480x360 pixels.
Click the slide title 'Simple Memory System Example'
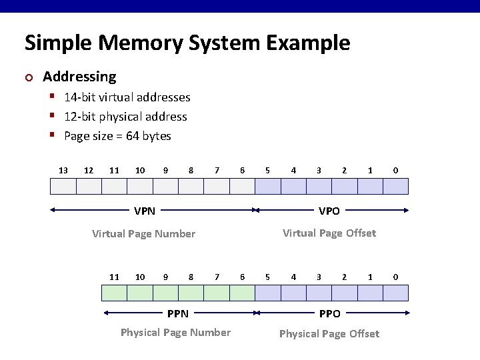[x=187, y=43]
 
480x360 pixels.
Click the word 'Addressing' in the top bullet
[x=79, y=77]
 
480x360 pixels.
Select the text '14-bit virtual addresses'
[x=127, y=97]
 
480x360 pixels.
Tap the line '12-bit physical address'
[x=125, y=117]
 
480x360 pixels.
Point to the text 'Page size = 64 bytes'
[x=117, y=136]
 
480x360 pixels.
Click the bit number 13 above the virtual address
[x=63, y=171]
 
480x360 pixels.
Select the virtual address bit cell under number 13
[x=63, y=186]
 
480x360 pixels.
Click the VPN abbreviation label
[x=145, y=211]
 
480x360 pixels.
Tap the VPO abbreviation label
[x=329, y=211]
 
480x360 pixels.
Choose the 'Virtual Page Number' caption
[x=143, y=233]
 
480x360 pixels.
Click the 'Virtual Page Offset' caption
[x=329, y=233]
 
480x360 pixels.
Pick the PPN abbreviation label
[x=177, y=313]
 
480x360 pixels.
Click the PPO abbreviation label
[x=329, y=313]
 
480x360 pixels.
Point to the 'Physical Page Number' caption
[x=175, y=332]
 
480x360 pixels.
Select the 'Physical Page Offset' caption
[x=329, y=333]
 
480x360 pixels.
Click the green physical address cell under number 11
[x=114, y=293]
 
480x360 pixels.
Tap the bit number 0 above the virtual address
[x=395, y=171]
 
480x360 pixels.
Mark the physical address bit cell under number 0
[x=395, y=293]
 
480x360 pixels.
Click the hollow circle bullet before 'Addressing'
[x=28, y=77]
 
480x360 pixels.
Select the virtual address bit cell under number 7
[x=217, y=186]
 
